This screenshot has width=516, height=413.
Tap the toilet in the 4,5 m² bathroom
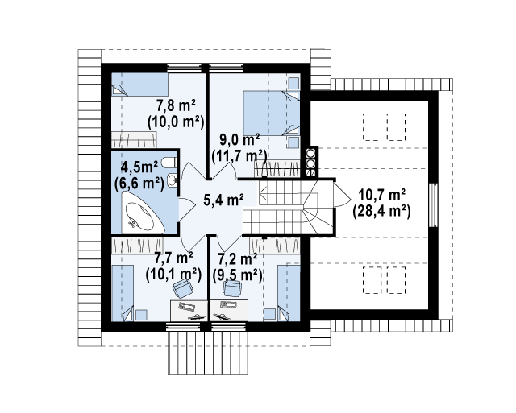pyautogui.click(x=171, y=163)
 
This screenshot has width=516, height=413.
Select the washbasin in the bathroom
pyautogui.click(x=172, y=180)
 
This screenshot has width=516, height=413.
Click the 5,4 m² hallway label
pyautogui.click(x=223, y=200)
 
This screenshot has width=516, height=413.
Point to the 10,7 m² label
pyautogui.click(x=381, y=196)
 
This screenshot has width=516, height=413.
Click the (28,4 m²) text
pyautogui.click(x=381, y=211)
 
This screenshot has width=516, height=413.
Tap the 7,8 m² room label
pyautogui.click(x=176, y=105)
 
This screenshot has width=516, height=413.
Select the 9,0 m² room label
pyautogui.click(x=239, y=140)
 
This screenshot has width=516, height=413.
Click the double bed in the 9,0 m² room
pyautogui.click(x=271, y=113)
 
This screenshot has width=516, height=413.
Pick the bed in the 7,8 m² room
pyautogui.click(x=139, y=84)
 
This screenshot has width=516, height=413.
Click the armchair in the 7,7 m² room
pyautogui.click(x=183, y=288)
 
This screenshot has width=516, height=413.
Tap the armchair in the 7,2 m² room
pyautogui.click(x=232, y=289)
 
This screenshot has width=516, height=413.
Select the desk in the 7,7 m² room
pyautogui.click(x=189, y=311)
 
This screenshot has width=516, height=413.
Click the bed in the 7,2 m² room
pyautogui.click(x=289, y=293)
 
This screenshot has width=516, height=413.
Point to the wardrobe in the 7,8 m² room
pyautogui.click(x=134, y=139)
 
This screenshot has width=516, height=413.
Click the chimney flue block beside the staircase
pyautogui.click(x=312, y=163)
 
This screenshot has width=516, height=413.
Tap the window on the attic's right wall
pyautogui.click(x=434, y=205)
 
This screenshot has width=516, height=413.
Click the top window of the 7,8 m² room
pyautogui.click(x=185, y=68)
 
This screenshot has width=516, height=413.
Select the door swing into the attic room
pyautogui.click(x=342, y=194)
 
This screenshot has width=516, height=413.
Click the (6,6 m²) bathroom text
pyautogui.click(x=139, y=183)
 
